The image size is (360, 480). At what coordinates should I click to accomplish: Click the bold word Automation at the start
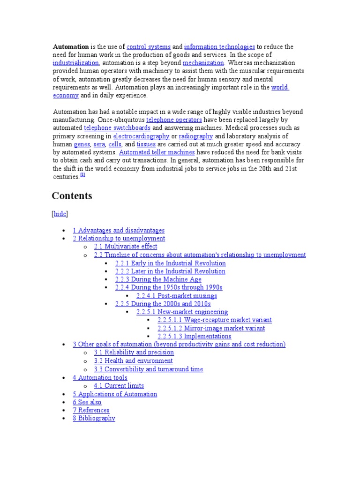[71, 47]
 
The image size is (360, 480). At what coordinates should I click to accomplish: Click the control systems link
[149, 47]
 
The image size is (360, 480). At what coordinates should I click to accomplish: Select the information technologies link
[219, 47]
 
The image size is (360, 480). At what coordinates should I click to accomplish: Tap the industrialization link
[76, 63]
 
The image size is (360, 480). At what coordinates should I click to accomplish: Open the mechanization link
[204, 63]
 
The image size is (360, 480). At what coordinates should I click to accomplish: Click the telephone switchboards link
[117, 127]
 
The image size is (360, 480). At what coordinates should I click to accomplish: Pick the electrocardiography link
[142, 136]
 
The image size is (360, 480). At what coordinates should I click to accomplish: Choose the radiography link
[196, 136]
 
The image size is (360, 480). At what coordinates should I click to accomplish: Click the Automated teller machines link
[157, 152]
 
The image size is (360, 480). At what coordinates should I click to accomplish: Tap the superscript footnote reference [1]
[82, 175]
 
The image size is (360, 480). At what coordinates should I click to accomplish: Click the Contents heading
[72, 196]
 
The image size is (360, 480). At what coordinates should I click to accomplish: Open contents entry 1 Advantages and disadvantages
[119, 231]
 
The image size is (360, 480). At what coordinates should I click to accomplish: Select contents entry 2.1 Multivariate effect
[126, 247]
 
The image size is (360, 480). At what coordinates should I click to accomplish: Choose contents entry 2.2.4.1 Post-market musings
[177, 296]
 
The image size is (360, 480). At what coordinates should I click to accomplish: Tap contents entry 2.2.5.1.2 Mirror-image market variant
[211, 328]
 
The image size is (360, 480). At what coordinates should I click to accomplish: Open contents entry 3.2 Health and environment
[133, 361]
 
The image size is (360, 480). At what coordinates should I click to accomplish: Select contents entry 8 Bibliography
[94, 418]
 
